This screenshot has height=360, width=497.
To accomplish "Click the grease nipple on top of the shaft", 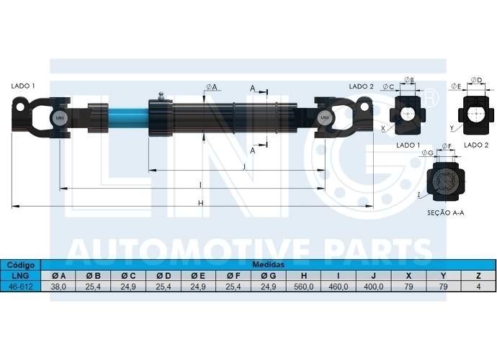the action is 161,96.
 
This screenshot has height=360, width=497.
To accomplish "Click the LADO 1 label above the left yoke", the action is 23,86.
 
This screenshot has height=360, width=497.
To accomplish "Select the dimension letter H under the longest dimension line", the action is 201,203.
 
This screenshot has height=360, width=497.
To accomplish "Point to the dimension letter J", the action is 243,167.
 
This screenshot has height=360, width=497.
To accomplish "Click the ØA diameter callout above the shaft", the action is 212,87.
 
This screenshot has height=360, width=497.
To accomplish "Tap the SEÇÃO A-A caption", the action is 446,213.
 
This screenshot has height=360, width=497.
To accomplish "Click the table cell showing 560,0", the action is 303,287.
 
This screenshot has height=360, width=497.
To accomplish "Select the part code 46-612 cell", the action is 21,287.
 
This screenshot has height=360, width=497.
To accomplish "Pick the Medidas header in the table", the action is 268,265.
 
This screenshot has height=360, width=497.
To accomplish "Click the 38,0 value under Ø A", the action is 58,287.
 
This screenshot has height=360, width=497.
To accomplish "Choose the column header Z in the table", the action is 478,276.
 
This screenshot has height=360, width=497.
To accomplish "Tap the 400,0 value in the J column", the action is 373,287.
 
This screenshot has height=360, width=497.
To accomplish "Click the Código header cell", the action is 21,265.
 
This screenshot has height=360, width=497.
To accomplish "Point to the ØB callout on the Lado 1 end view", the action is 410,80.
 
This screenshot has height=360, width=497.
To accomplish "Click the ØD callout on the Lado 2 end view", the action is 476,80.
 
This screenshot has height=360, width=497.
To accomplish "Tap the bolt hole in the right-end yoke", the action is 364,107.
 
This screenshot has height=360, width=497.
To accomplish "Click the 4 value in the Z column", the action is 478,287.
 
